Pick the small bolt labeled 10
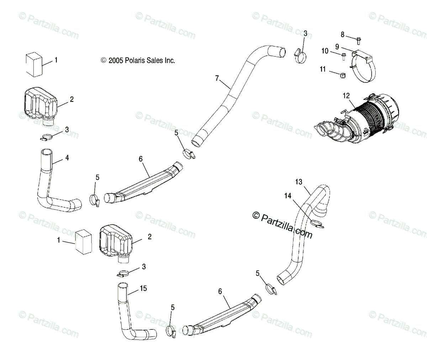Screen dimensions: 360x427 [x=344, y=55]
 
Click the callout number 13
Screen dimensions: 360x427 [x=299, y=182]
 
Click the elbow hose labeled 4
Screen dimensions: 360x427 [x=50, y=181]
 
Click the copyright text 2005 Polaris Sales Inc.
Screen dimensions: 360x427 [x=138, y=61]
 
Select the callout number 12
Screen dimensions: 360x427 [x=346, y=95]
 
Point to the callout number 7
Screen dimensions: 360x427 [x=217, y=78]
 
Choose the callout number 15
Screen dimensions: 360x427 [x=143, y=288]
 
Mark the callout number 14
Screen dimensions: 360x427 [x=288, y=195]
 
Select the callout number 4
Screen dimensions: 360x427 [x=67, y=158]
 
